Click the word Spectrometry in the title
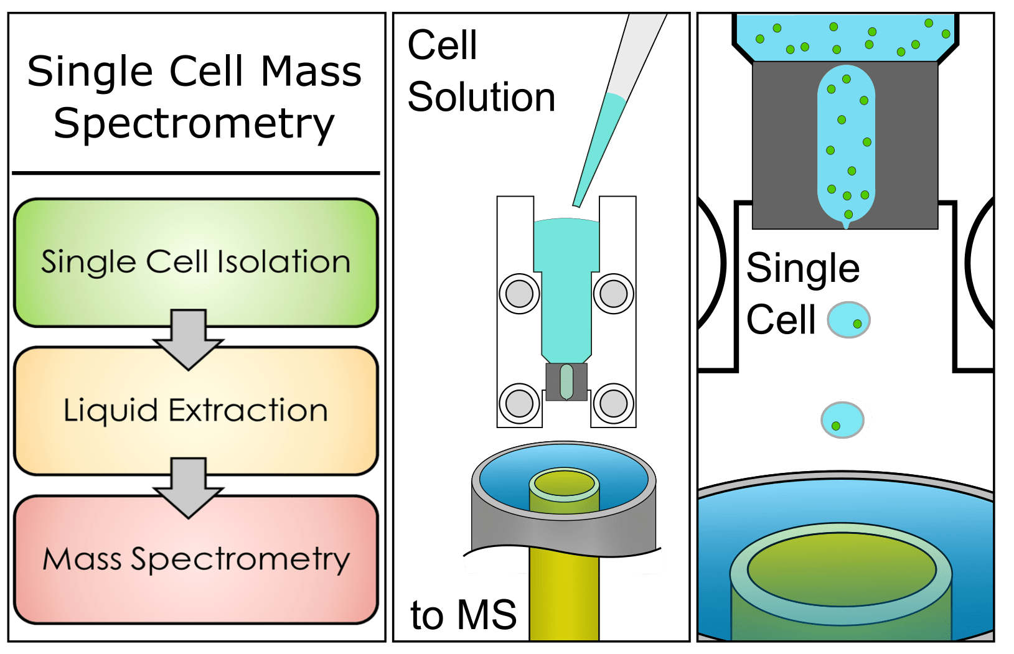click(194, 124)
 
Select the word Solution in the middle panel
click(481, 98)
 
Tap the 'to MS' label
click(463, 615)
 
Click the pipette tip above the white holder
click(582, 187)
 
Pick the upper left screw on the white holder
click(519, 293)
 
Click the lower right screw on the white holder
click(613, 403)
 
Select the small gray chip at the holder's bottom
click(566, 381)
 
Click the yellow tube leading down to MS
click(563, 597)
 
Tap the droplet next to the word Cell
click(848, 319)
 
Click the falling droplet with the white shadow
click(845, 419)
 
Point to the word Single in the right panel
click(803, 269)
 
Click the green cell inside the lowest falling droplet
click(836, 426)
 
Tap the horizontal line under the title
click(195, 173)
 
